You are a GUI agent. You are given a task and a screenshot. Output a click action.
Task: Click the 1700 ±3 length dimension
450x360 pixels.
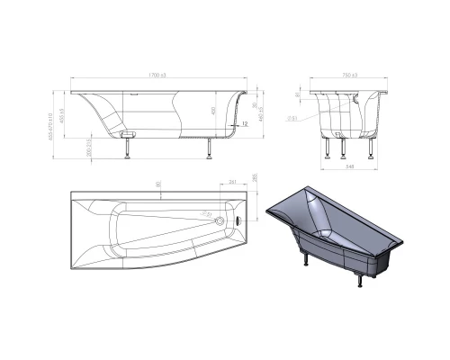point(157,75)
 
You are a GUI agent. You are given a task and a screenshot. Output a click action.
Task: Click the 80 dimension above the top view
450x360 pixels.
point(158,184)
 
